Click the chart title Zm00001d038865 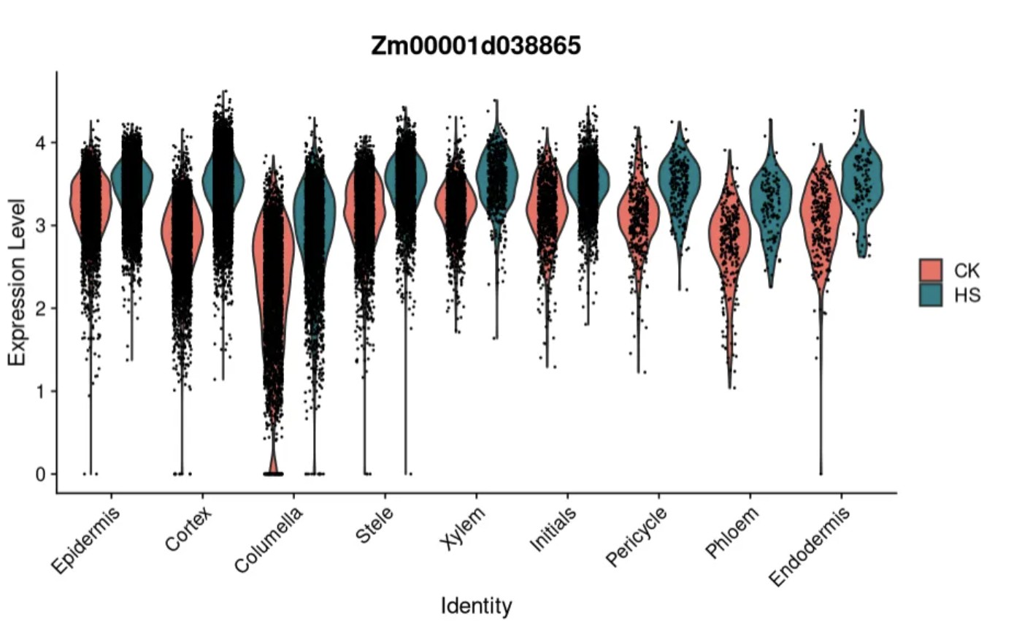pyautogui.click(x=476, y=45)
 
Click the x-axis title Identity pyautogui.click(x=476, y=606)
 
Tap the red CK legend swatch pyautogui.click(x=931, y=270)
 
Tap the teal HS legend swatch pyautogui.click(x=931, y=294)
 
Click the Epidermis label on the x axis pyautogui.click(x=86, y=541)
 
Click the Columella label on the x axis pyautogui.click(x=269, y=540)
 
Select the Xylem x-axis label pyautogui.click(x=463, y=528)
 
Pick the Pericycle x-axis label pyautogui.click(x=637, y=537)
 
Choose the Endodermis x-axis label pyautogui.click(x=811, y=546)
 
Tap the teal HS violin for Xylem pyautogui.click(x=497, y=175)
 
